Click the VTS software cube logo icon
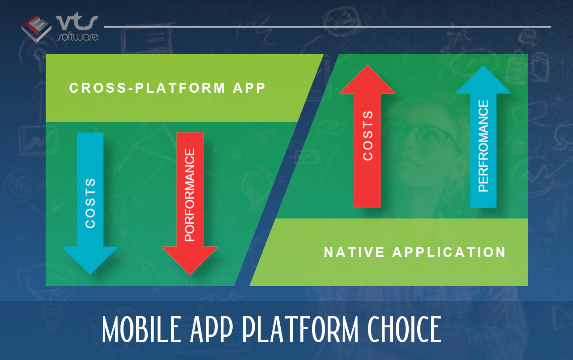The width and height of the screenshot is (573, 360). pyautogui.click(x=36, y=29)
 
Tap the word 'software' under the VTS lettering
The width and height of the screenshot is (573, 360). pyautogui.click(x=78, y=37)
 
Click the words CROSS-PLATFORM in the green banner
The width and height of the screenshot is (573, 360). pyautogui.click(x=147, y=88)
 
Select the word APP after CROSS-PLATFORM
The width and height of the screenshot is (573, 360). pyautogui.click(x=249, y=88)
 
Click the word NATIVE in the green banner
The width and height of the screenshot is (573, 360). pyautogui.click(x=354, y=252)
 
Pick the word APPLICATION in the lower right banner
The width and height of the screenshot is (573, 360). pyautogui.click(x=449, y=252)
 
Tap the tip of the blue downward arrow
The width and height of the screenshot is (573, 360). pyautogui.click(x=90, y=274)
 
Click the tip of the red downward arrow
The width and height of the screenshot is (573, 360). pyautogui.click(x=190, y=275)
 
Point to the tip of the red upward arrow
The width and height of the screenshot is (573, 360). pyautogui.click(x=368, y=65)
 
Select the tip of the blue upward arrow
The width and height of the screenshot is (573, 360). pyautogui.click(x=483, y=66)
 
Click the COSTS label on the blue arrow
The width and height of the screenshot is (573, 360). pyautogui.click(x=90, y=203)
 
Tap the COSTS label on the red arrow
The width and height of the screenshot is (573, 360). pyautogui.click(x=368, y=136)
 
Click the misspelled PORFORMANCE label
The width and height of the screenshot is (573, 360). pyautogui.click(x=190, y=195)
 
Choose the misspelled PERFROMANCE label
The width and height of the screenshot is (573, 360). pyautogui.click(x=483, y=146)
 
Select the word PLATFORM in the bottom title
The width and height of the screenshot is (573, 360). pyautogui.click(x=300, y=329)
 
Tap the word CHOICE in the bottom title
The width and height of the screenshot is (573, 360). pyautogui.click(x=404, y=329)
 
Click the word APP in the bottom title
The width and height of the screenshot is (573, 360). pyautogui.click(x=212, y=329)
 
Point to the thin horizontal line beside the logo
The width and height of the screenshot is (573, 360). pyautogui.click(x=327, y=26)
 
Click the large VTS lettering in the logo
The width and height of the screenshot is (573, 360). pyautogui.click(x=77, y=22)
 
